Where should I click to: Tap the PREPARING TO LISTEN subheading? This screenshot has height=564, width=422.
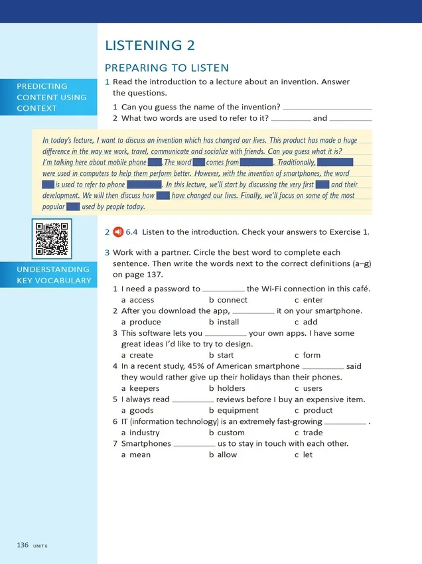pos(167,68)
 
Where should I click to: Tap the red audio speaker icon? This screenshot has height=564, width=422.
pos(118,232)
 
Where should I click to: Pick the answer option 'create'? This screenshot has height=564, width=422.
pos(141,355)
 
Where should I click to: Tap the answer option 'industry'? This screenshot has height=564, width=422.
pos(144,433)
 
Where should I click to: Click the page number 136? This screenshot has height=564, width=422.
pos(23,545)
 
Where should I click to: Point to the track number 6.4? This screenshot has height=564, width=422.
pos(131,232)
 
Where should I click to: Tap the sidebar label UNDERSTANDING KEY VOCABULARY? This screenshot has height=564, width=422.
pos(54,275)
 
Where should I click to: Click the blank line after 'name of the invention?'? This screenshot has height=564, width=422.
pos(327,107)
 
